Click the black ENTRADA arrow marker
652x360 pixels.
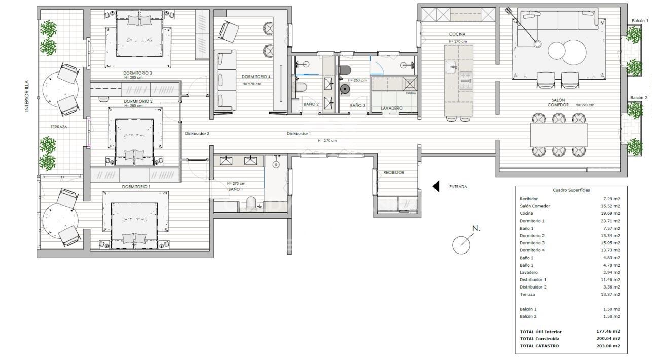point(436,187)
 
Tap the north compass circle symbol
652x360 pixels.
point(461,245)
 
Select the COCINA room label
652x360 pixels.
point(457,34)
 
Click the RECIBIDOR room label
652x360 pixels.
point(393,172)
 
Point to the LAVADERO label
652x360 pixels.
point(392,108)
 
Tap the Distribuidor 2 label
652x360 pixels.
point(197,134)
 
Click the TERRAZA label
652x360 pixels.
point(59,127)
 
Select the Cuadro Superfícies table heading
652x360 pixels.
point(571,190)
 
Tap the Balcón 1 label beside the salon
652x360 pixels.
point(640,21)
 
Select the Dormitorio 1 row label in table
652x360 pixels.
point(532,221)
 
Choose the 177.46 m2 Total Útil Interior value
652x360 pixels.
point(608,332)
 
